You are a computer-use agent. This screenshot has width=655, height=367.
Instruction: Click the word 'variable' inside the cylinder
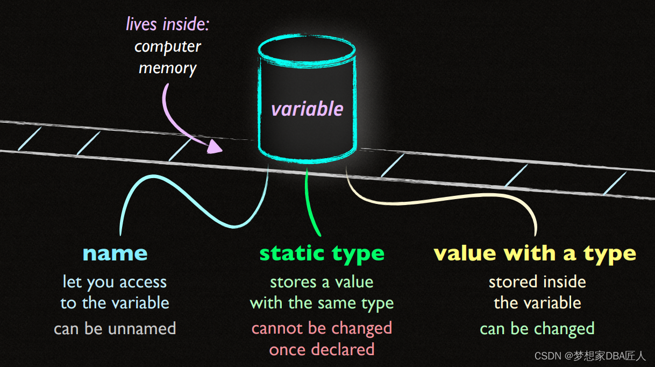coord(307,109)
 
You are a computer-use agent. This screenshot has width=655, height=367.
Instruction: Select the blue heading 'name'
coord(115,253)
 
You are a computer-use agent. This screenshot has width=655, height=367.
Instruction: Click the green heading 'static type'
coord(322,253)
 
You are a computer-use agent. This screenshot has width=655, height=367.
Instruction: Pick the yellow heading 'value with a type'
coord(535,253)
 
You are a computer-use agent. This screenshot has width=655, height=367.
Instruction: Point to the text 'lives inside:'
coord(167,24)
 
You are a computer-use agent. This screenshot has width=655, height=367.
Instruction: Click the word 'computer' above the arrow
coord(167,46)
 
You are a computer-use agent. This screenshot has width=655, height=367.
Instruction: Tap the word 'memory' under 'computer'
coord(167,68)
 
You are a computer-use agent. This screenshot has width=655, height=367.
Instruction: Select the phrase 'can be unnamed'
coord(115,328)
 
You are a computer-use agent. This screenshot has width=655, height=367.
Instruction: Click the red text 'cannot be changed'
coord(322,328)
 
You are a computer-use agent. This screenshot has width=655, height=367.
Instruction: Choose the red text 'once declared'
coord(322,349)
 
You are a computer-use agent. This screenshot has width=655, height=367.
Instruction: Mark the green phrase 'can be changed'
coord(537,328)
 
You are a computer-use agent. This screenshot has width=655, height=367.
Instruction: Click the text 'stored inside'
coord(537,281)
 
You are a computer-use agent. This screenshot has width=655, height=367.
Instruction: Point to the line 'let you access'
coord(115,281)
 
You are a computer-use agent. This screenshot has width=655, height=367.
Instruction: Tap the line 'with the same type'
coord(322,303)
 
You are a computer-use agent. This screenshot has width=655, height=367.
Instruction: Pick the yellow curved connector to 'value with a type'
coord(457,201)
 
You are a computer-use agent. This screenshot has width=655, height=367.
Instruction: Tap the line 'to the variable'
coord(115,303)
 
